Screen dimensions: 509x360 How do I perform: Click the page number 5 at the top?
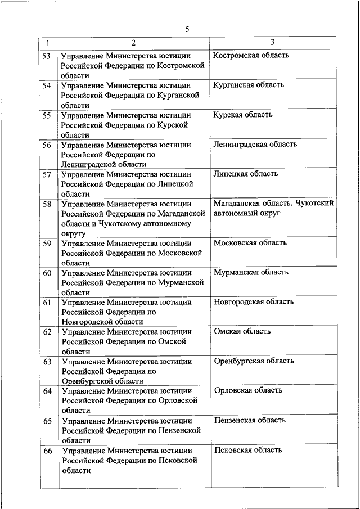tap(186, 29)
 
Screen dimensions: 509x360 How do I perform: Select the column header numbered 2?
tap(133, 43)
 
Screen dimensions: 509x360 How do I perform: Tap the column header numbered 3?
tap(272, 43)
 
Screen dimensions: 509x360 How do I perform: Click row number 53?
tap(47, 56)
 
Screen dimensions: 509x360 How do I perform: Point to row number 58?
tap(47, 204)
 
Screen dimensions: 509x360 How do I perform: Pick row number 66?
tap(47, 451)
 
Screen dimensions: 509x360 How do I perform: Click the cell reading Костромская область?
tap(251, 55)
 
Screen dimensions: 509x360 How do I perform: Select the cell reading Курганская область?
tap(249, 85)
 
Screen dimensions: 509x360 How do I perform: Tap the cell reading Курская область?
tap(243, 115)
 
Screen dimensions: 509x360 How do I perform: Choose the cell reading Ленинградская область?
tap(255, 145)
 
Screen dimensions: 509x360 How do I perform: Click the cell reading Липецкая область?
tap(246, 174)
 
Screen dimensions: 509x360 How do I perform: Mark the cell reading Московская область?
tap(250, 243)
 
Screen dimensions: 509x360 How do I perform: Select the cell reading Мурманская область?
tap(251, 272)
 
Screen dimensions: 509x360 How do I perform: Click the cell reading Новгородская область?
tap(254, 302)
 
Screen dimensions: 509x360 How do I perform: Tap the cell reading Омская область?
tap(242, 331)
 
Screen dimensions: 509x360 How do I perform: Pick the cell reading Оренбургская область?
tap(254, 361)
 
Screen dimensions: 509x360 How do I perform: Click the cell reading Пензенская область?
tap(250, 420)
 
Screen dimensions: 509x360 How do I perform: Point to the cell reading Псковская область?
tap(248, 450)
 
